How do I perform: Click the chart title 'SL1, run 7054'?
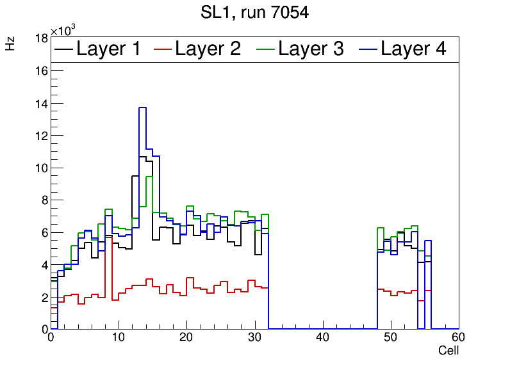(254, 13)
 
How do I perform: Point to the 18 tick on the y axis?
(42, 38)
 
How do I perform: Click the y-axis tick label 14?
(42, 103)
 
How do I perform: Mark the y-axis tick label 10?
(42, 168)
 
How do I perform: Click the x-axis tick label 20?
(186, 338)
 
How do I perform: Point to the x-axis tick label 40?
(322, 338)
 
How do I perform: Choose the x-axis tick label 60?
(458, 338)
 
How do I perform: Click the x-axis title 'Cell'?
(448, 351)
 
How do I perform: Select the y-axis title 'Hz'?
(10, 44)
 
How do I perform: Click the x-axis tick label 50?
(390, 338)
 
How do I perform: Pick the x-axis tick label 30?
(254, 338)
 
